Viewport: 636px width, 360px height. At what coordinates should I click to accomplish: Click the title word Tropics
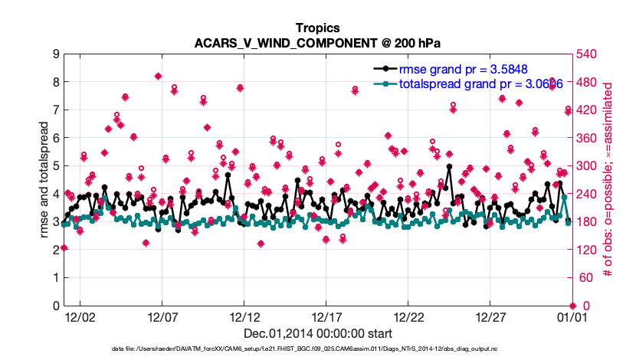[317, 28]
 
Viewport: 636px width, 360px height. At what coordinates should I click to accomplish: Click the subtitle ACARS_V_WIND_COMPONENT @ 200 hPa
[317, 43]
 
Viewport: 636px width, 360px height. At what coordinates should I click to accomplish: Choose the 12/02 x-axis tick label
[79, 316]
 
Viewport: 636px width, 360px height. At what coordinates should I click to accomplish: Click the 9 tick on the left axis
[56, 54]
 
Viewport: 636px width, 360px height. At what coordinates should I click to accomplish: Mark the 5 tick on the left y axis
[56, 165]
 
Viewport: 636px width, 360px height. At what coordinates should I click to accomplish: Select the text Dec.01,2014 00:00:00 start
[317, 333]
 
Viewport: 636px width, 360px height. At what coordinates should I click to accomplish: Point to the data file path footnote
[317, 350]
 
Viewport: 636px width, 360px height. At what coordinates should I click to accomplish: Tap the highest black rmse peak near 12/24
[448, 166]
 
